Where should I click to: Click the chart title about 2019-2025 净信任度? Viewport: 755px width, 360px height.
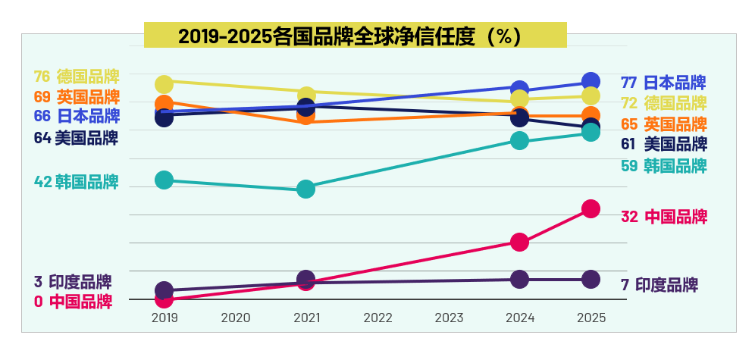point(355,36)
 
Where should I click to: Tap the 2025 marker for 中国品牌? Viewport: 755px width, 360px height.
point(591,208)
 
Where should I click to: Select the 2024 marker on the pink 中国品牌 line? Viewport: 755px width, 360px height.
point(519,242)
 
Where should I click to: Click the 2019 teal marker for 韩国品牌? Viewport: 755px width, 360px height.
point(164,180)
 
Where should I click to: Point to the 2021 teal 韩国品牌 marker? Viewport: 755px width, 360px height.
point(306,189)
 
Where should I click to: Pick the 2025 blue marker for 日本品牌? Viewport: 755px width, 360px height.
point(591,81)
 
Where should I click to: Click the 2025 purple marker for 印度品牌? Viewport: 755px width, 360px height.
point(591,280)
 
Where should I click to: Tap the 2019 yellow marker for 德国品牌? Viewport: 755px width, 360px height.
point(164,83)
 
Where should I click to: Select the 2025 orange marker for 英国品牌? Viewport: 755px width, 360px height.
point(591,115)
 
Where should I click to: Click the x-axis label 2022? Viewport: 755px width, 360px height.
point(377,318)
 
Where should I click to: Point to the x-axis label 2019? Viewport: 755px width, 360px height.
point(164,318)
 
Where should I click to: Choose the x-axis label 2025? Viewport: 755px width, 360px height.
point(591,318)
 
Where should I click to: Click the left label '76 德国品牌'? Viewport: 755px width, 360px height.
point(77,77)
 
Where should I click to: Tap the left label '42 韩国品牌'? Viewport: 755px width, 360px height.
point(77,182)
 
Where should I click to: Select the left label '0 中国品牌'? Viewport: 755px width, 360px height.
point(74,302)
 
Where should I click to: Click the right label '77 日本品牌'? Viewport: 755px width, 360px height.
point(663,83)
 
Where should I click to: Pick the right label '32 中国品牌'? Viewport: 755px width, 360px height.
point(664,217)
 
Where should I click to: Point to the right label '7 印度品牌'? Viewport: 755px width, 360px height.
point(659,286)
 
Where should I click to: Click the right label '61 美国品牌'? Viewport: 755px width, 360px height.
point(664,144)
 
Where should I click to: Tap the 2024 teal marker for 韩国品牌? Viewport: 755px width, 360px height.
point(519,140)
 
